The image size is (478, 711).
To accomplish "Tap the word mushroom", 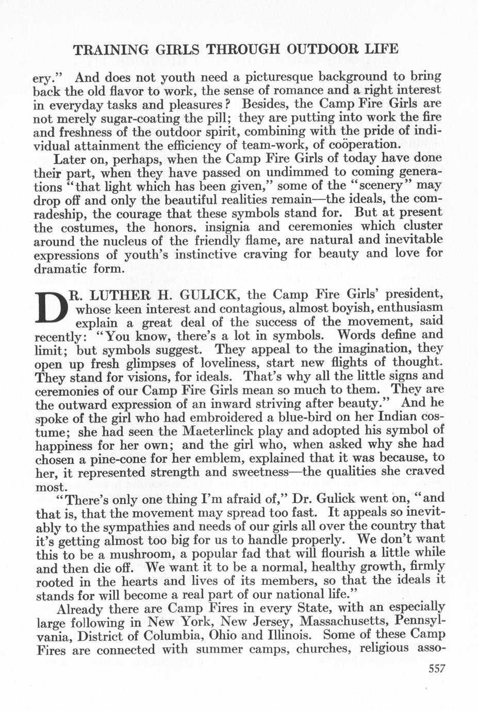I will (129, 554).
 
